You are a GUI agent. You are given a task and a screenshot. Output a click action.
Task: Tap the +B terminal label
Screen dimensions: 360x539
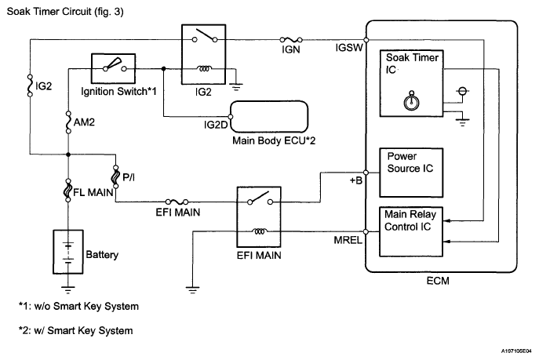point(355,180)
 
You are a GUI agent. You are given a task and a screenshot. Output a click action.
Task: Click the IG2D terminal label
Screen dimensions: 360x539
point(214,123)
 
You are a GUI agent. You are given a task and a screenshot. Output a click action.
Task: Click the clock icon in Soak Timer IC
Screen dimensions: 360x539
point(408,100)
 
